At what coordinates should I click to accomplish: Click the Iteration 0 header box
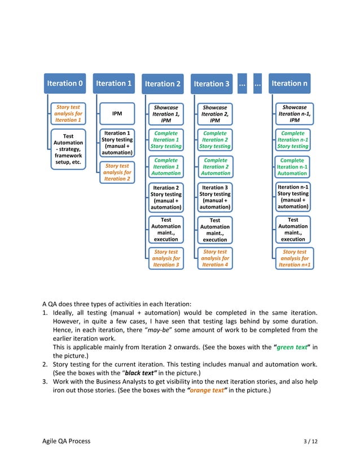(x=65, y=83)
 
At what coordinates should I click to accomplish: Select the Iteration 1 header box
(x=114, y=83)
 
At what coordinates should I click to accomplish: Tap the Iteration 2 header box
(x=163, y=84)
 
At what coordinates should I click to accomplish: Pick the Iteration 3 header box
(x=212, y=84)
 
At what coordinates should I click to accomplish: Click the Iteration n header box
(x=289, y=83)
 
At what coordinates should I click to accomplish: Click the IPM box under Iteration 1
(x=117, y=113)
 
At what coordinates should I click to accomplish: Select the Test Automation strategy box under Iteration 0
(x=68, y=149)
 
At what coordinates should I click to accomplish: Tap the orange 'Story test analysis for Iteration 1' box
(x=68, y=113)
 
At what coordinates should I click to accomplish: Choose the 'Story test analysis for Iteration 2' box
(x=117, y=172)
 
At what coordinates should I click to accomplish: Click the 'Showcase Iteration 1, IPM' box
(x=166, y=113)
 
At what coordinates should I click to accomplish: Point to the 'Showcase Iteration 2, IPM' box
(x=215, y=113)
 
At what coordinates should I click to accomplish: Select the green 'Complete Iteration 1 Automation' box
(x=166, y=166)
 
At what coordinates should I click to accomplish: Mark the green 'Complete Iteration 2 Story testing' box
(x=215, y=140)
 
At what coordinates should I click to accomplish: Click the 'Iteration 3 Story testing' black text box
(x=215, y=197)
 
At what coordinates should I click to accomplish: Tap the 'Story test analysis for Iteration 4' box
(x=215, y=258)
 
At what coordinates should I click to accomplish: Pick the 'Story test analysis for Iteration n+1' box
(x=294, y=258)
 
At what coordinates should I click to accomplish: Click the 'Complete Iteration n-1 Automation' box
(x=293, y=166)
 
